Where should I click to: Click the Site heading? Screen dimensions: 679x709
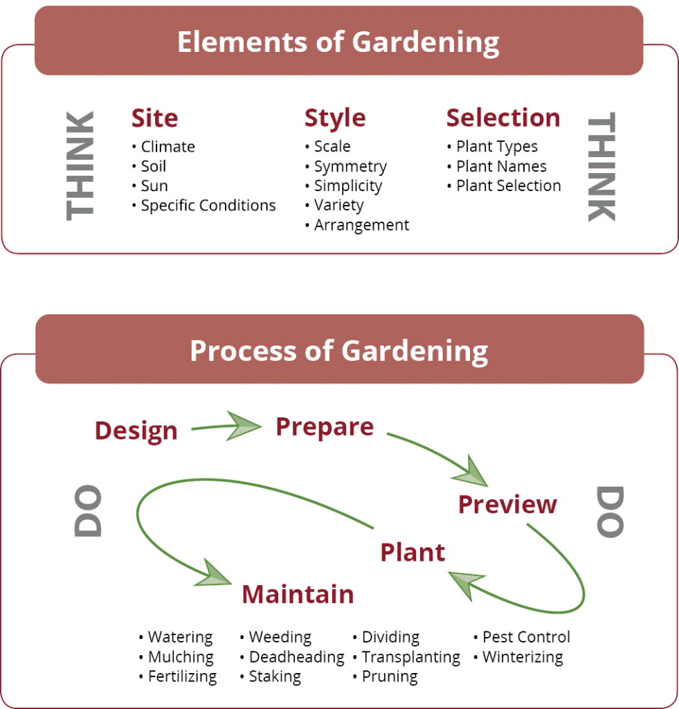tap(154, 118)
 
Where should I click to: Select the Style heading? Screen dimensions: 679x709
tap(335, 119)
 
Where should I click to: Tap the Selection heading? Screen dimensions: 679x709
tap(503, 118)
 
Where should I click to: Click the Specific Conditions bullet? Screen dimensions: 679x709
tap(204, 205)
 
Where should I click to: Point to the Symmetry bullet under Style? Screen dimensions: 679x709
tap(346, 167)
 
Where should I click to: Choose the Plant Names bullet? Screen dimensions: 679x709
tap(497, 166)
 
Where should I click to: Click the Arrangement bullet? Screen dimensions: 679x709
tap(357, 225)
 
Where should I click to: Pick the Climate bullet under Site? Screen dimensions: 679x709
tap(163, 147)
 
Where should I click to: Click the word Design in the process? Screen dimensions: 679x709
tap(136, 431)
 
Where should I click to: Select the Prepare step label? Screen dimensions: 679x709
tap(325, 427)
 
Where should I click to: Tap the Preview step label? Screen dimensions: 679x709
tap(507, 504)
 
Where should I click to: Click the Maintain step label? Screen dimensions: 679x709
tap(298, 594)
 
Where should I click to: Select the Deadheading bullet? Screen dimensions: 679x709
tap(292, 657)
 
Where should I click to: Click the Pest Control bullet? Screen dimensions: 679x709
tap(522, 637)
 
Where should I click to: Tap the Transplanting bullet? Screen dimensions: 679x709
tap(406, 657)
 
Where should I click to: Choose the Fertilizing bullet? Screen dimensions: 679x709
tap(178, 677)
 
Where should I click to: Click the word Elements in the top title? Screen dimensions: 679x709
tap(243, 42)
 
